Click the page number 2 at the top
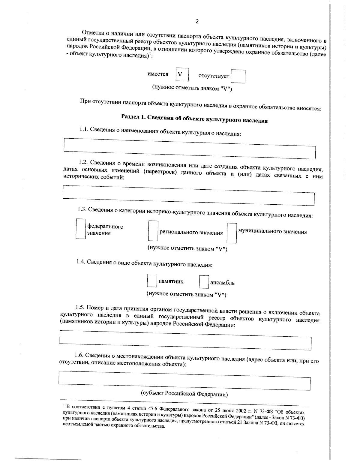point(197,21)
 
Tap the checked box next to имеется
point(182,75)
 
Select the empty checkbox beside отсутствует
point(238,77)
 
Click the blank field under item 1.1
point(190,149)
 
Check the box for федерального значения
point(81,228)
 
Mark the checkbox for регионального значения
point(153,231)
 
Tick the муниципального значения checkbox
point(232,233)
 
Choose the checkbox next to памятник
point(152,280)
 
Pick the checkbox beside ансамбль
point(204,282)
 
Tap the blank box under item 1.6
point(184,381)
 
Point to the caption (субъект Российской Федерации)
point(184,394)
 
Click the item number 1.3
point(82,209)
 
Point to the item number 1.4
point(81,261)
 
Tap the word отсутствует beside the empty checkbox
point(214,76)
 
